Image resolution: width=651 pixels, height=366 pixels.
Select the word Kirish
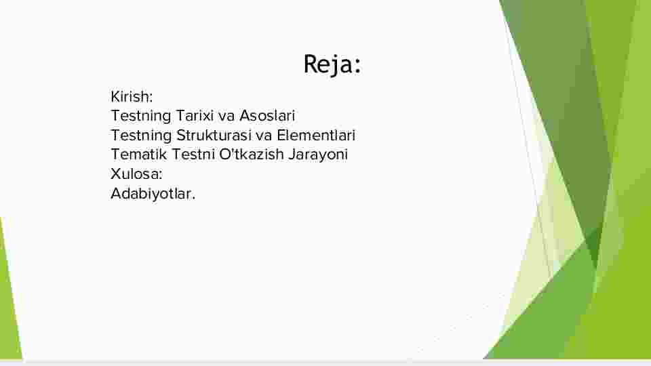tap(129, 97)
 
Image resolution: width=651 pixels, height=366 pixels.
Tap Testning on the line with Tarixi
tap(141, 116)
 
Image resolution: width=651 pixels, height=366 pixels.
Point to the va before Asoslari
tap(226, 116)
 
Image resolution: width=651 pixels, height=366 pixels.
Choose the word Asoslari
tap(267, 116)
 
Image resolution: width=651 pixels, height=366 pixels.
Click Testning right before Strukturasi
tap(141, 136)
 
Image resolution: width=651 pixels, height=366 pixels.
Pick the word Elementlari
tap(316, 136)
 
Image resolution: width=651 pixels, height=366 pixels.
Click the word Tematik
tap(138, 155)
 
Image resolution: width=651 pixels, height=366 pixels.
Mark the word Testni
tap(193, 155)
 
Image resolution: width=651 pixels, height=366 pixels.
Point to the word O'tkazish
tap(251, 155)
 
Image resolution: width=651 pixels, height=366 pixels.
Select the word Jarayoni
tap(318, 155)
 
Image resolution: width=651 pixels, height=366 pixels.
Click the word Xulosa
tap(134, 174)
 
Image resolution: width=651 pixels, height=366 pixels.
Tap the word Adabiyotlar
tap(151, 194)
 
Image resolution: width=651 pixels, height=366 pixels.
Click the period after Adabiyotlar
tap(193, 199)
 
